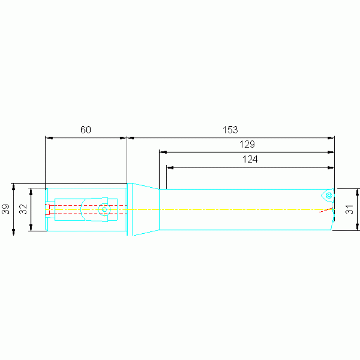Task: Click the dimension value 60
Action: [x=85, y=130]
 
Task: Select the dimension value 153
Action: [x=230, y=130]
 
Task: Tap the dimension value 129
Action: [x=247, y=145]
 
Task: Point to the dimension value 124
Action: [x=250, y=159]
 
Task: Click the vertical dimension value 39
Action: [x=6, y=209]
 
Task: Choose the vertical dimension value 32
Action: [x=23, y=209]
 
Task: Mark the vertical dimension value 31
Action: [x=349, y=209]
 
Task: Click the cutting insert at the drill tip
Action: [x=328, y=196]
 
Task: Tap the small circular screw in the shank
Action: [x=104, y=209]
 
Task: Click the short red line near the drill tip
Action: [x=326, y=210]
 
